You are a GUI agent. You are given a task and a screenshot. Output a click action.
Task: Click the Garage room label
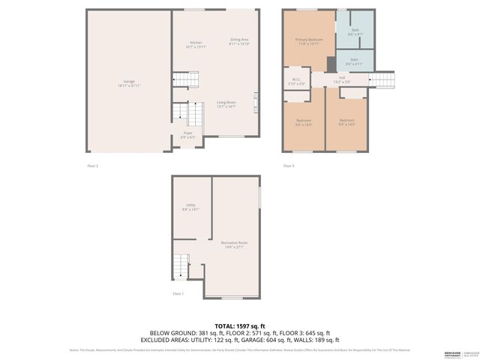pyautogui.click(x=129, y=82)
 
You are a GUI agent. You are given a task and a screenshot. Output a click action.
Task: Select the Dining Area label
pyautogui.click(x=238, y=40)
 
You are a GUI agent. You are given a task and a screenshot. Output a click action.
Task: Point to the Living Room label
pyautogui.click(x=226, y=104)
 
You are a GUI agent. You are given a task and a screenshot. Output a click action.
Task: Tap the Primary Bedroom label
pyautogui.click(x=307, y=40)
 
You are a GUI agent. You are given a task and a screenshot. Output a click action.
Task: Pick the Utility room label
pyautogui.click(x=190, y=207)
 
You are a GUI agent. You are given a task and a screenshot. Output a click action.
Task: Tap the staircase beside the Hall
pyautogui.click(x=381, y=79)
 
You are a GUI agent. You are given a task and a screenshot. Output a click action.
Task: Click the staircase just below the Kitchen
pyautogui.click(x=182, y=80)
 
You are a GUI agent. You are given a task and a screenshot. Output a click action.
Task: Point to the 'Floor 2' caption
pyautogui.click(x=92, y=166)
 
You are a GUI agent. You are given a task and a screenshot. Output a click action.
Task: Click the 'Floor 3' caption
pyautogui.click(x=289, y=166)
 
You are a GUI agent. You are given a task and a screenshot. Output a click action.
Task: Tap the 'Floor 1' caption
pyautogui.click(x=178, y=293)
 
